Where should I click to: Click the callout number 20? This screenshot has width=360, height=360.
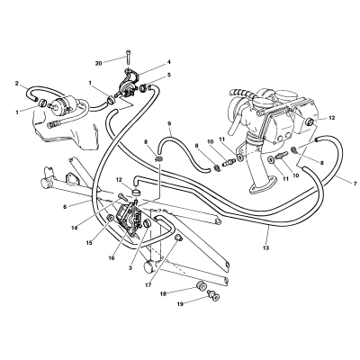pyautogui.click(x=99, y=63)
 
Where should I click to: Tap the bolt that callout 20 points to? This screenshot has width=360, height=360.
pyautogui.click(x=128, y=57)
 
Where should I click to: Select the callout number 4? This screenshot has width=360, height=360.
pyautogui.click(x=169, y=62)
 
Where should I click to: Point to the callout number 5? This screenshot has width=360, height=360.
pyautogui.click(x=169, y=75)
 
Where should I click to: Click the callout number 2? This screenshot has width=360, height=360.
pyautogui.click(x=17, y=83)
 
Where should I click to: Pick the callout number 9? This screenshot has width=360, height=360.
pyautogui.click(x=169, y=123)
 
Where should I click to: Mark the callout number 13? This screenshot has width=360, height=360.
pyautogui.click(x=266, y=247)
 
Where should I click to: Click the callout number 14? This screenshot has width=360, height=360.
pyautogui.click(x=75, y=228)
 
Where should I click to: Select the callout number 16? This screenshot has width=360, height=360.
pyautogui.click(x=112, y=257)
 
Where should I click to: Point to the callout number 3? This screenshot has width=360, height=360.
pyautogui.click(x=130, y=268)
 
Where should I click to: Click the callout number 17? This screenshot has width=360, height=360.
pyautogui.click(x=149, y=284)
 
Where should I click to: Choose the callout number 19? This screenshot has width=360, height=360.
pyautogui.click(x=180, y=304)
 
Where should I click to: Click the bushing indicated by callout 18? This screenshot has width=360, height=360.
pyautogui.click(x=201, y=286)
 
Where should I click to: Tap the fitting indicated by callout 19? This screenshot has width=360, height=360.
pyautogui.click(x=213, y=294)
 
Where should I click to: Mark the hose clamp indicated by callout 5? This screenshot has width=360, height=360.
pyautogui.click(x=143, y=88)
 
